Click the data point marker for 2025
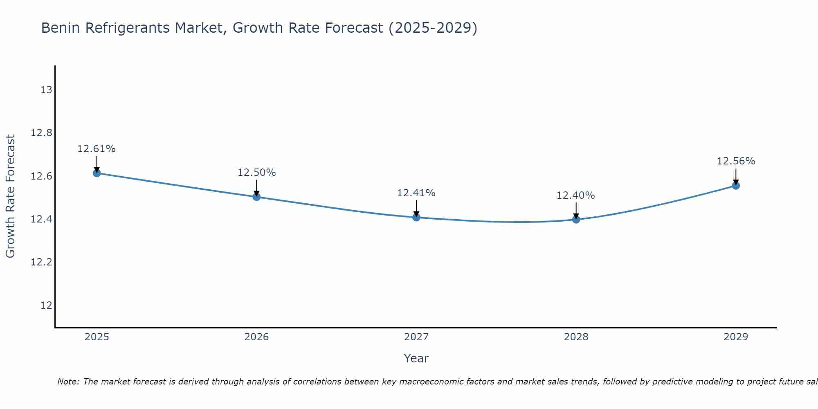pos(97,173)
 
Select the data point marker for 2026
pos(256,197)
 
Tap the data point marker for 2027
pos(416,217)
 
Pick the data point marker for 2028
pos(576,219)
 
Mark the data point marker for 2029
pos(736,186)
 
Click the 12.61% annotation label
pos(97,149)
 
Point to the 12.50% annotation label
pos(256,173)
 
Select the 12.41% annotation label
pos(416,193)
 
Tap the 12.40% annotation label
pos(576,196)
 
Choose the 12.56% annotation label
pos(736,161)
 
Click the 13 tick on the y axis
pos(46,90)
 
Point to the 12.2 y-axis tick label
pos(41,262)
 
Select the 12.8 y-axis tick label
pos(41,133)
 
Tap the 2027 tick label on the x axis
pos(416,337)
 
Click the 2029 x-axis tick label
pos(736,337)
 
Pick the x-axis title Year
pos(416,358)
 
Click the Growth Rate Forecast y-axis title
pos(10,196)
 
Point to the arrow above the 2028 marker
pos(576,210)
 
